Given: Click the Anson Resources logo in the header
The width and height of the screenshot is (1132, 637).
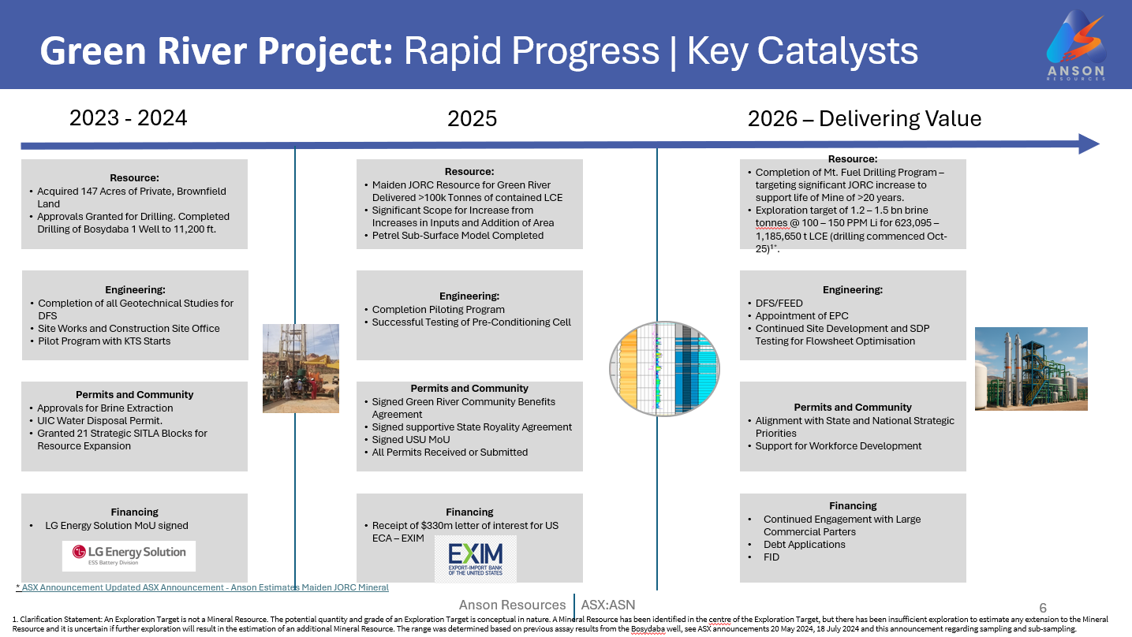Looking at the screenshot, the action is [1076, 45].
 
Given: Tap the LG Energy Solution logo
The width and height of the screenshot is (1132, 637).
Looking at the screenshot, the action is [129, 556].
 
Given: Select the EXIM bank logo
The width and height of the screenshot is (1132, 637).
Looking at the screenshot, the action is [476, 559].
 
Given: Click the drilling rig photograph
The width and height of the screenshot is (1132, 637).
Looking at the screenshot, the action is [301, 368].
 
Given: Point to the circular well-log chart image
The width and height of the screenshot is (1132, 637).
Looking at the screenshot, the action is [664, 369].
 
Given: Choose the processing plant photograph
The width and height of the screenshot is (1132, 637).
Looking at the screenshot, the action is [1031, 369].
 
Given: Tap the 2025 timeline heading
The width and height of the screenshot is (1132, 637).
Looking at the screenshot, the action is [472, 119].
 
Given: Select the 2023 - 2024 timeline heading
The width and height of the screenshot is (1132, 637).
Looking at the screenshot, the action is [129, 118].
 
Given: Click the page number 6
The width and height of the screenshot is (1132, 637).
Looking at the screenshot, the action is [1043, 608].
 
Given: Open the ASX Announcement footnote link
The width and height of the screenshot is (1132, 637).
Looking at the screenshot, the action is [202, 587].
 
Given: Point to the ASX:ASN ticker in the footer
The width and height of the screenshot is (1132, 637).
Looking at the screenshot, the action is [608, 605].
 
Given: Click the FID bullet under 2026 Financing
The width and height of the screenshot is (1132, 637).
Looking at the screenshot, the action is [771, 557].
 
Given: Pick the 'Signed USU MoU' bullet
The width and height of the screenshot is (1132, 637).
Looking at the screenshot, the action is [411, 439].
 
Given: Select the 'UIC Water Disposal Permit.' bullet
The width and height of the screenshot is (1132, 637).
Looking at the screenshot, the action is [99, 421].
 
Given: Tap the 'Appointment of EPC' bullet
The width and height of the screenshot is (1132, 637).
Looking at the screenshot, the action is [802, 315].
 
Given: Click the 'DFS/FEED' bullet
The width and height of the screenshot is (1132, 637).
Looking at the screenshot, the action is [779, 303].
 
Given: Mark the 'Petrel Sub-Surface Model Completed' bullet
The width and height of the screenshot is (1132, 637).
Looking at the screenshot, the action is [458, 236].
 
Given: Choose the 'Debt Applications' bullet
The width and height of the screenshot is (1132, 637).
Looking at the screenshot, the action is [804, 545].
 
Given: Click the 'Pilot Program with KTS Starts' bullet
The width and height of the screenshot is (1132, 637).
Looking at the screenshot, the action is [104, 341].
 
